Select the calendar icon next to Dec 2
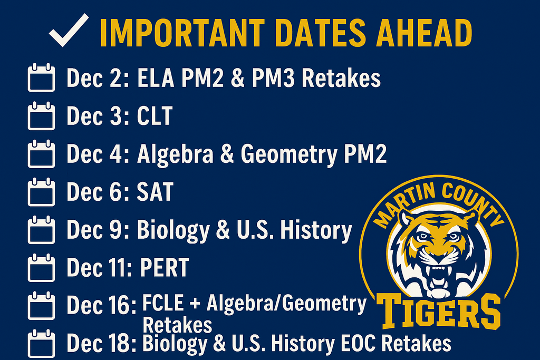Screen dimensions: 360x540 [41, 79]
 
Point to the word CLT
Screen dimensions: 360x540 [155, 116]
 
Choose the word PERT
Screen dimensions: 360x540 [164, 268]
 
